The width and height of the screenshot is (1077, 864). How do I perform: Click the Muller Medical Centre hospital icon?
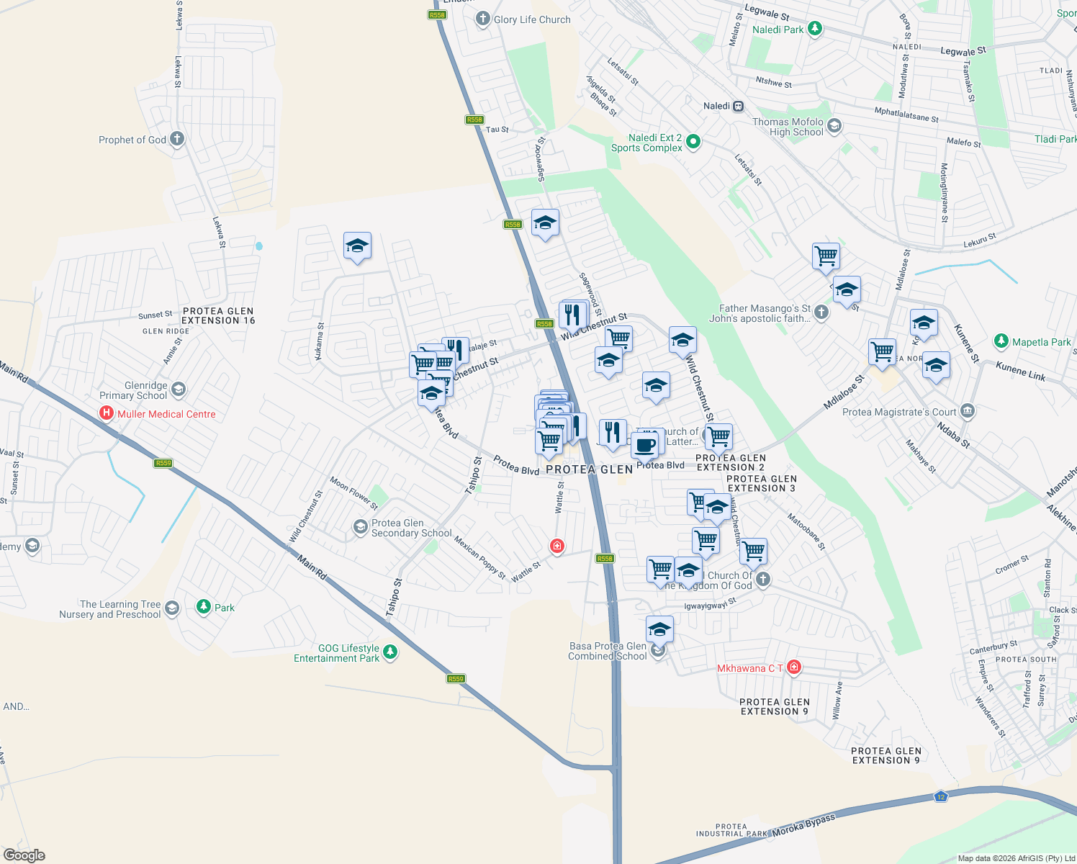pyautogui.click(x=107, y=413)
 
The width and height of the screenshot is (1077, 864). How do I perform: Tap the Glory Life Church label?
pyautogui.click(x=532, y=19)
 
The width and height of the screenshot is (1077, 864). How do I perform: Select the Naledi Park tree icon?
pyautogui.click(x=814, y=29)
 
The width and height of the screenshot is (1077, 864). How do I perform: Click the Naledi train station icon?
pyautogui.click(x=738, y=107)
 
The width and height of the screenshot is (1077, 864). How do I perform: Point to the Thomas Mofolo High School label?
pyautogui.click(x=788, y=127)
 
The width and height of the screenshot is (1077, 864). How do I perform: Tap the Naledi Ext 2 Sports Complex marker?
pyautogui.click(x=693, y=141)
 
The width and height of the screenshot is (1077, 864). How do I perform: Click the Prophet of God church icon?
pyautogui.click(x=177, y=139)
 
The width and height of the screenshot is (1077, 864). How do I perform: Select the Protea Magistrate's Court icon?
pyautogui.click(x=968, y=412)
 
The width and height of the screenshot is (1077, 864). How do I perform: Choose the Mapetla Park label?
pyautogui.click(x=1041, y=342)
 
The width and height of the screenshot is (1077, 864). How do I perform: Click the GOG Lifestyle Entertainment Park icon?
pyautogui.click(x=389, y=652)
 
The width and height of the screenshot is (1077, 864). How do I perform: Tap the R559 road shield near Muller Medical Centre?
pyautogui.click(x=163, y=463)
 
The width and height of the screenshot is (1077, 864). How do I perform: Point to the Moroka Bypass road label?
pyautogui.click(x=803, y=826)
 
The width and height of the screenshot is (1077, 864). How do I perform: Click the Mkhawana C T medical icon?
pyautogui.click(x=793, y=667)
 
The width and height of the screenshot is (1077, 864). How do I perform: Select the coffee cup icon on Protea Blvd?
pyautogui.click(x=645, y=446)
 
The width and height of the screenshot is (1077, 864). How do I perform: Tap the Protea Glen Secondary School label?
pyautogui.click(x=411, y=528)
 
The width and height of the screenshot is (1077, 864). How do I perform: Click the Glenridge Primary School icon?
pyautogui.click(x=179, y=390)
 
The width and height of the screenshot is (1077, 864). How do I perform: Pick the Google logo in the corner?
pyautogui.click(x=24, y=855)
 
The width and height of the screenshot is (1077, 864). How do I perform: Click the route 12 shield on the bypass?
pyautogui.click(x=940, y=796)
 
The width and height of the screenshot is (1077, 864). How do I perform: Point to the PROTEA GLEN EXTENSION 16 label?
pyautogui.click(x=218, y=316)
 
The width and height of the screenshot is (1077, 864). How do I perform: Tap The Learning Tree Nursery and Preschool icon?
pyautogui.click(x=171, y=608)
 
